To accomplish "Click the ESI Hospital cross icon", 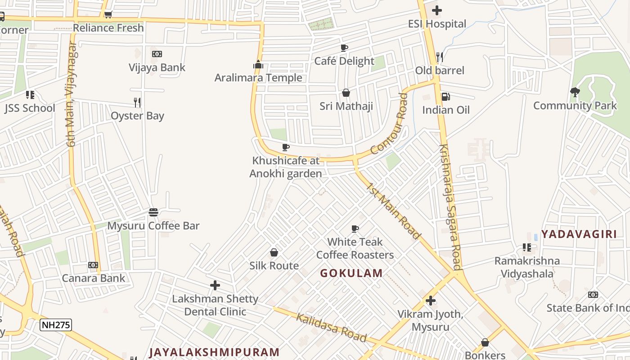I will [436, 10].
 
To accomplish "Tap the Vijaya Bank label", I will [157, 67].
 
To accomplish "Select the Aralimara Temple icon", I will [258, 64].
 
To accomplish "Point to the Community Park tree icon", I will [575, 93].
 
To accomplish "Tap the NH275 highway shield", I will [56, 324].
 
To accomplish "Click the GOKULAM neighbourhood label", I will [351, 273].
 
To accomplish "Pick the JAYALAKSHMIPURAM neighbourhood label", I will [215, 352].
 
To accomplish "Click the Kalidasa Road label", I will [331, 328].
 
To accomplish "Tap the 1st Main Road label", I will [393, 211].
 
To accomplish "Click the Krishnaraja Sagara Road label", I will [450, 207].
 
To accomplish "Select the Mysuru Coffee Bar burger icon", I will [153, 212].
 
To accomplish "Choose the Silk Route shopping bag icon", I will [274, 252].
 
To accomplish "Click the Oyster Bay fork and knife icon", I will [137, 103].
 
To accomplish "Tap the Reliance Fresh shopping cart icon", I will [108, 15].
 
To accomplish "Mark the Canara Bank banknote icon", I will [93, 265].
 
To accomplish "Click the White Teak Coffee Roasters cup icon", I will [355, 229].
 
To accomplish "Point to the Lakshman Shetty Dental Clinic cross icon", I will [215, 285].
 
